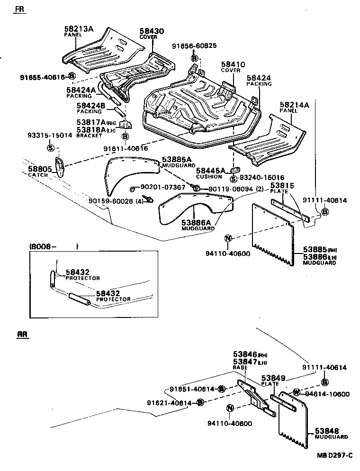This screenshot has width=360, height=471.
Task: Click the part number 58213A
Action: (79, 29)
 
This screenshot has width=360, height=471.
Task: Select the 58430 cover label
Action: (152, 31)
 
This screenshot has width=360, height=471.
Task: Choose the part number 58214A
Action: (294, 105)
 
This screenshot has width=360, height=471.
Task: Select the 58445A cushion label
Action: (211, 171)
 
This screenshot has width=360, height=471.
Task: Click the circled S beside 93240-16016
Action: (233, 179)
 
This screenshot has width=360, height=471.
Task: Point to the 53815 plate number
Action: (282, 185)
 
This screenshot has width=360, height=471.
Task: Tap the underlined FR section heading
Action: (18, 9)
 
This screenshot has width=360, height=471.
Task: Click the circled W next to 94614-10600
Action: (296, 392)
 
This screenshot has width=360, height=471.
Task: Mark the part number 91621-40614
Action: (169, 403)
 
